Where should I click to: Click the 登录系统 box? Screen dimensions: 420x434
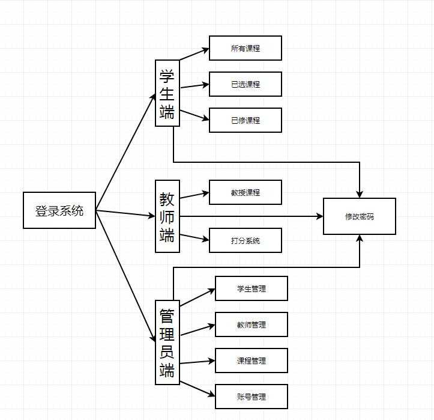[59, 210]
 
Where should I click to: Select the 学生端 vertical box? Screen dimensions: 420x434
[167, 93]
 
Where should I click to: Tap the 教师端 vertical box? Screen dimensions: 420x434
[167, 216]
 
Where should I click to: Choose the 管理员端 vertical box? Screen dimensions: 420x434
[167, 342]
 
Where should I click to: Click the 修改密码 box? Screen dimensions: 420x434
[360, 216]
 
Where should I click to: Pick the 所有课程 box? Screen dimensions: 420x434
[246, 48]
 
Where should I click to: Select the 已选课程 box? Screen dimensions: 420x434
[246, 84]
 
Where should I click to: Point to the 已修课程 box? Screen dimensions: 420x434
[246, 120]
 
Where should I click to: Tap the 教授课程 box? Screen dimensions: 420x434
[246, 192]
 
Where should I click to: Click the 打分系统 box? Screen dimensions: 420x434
[246, 240]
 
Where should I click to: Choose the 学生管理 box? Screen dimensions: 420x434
[252, 288]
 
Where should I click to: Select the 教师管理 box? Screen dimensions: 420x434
[252, 324]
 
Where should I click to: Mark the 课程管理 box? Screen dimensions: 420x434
[252, 361]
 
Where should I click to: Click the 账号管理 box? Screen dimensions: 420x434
[252, 397]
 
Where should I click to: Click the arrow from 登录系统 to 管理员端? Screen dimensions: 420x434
[126, 276]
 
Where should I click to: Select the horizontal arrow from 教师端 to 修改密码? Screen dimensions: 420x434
[252, 216]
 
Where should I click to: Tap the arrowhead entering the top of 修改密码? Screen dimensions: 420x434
[360, 194]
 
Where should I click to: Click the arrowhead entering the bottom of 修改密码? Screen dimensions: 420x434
[360, 239]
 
